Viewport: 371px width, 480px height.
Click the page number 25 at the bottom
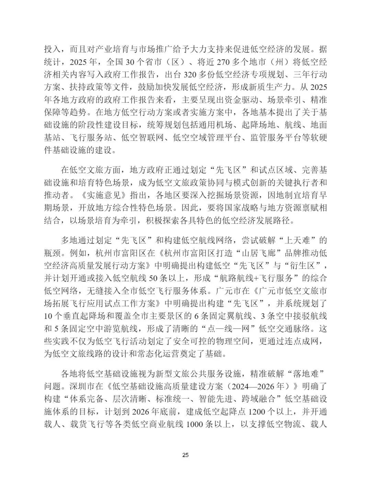pyautogui.click(x=185, y=455)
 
